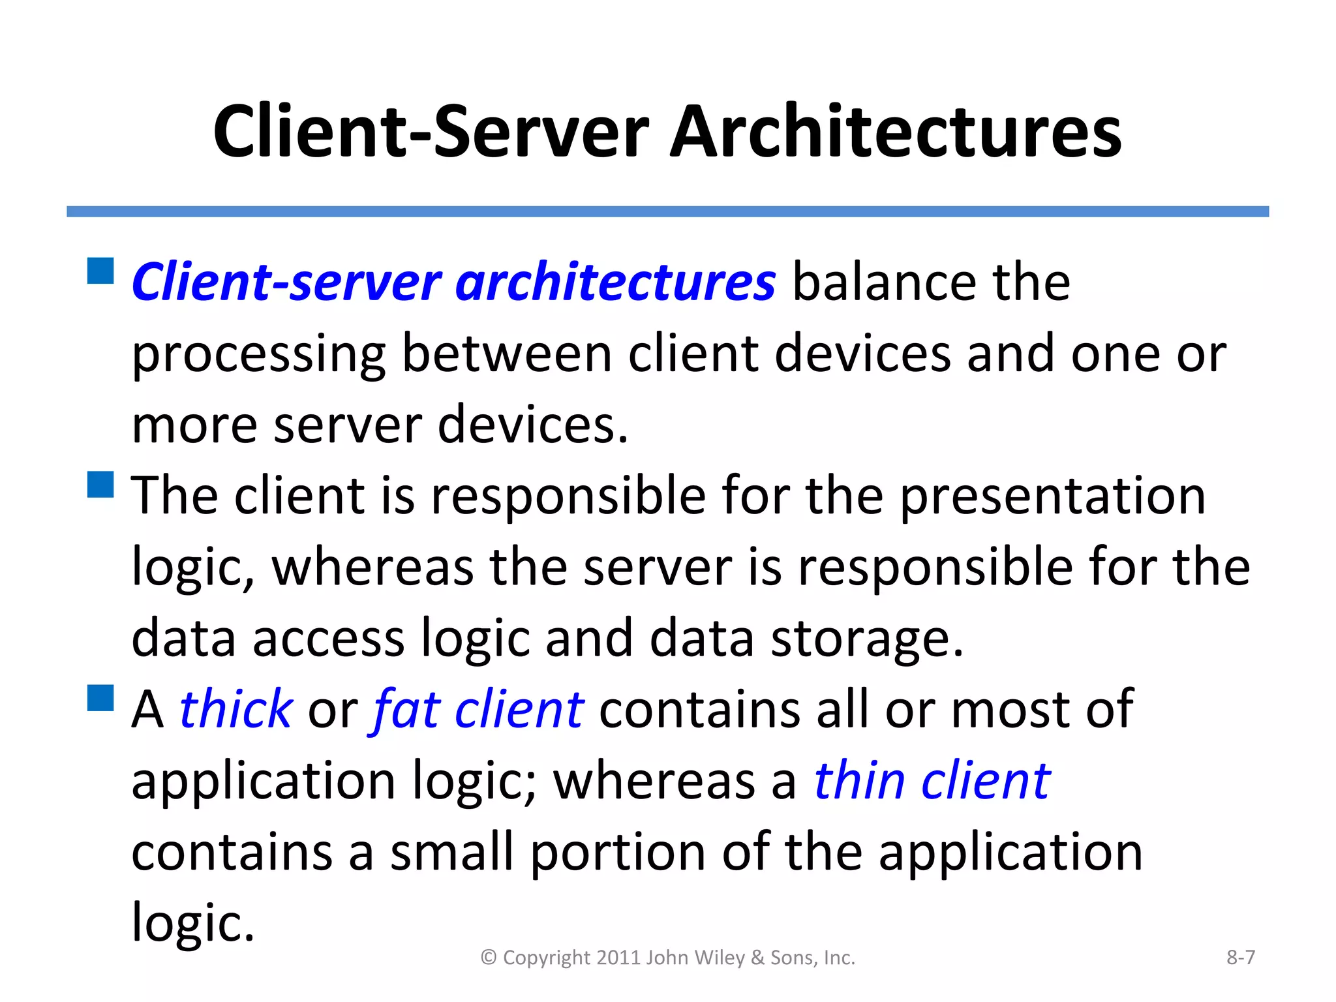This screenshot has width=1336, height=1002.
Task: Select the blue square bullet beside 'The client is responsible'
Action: pyautogui.click(x=100, y=485)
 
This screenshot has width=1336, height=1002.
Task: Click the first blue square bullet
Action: pyautogui.click(x=100, y=271)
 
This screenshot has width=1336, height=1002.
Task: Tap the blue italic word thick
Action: pyautogui.click(x=235, y=709)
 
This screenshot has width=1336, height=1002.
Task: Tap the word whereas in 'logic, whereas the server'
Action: pyautogui.click(x=372, y=568)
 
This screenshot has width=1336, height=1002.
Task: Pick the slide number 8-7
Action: pyautogui.click(x=1240, y=957)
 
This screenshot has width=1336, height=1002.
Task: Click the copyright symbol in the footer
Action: pyautogui.click(x=489, y=958)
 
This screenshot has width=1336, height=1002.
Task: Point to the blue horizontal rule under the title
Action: pyautogui.click(x=667, y=211)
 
